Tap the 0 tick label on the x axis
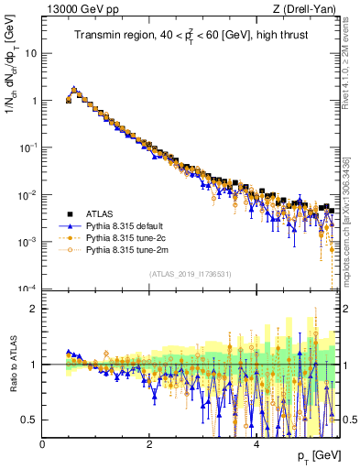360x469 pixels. point(43,445)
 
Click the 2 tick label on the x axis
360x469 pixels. point(149,445)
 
